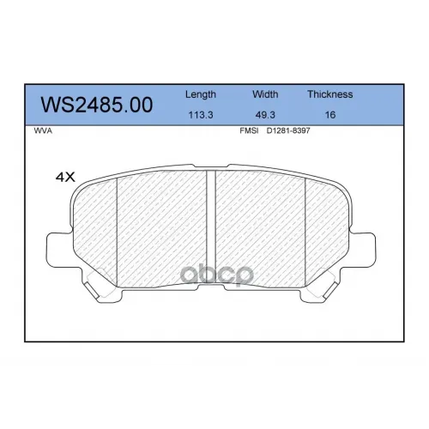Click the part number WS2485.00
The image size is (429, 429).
(x=97, y=105)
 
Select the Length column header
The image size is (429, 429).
(x=201, y=94)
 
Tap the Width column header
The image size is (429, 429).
(x=265, y=94)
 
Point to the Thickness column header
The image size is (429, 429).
(x=330, y=94)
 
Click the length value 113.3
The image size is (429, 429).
(x=201, y=115)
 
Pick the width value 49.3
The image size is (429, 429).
(x=265, y=115)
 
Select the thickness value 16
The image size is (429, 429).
(x=330, y=115)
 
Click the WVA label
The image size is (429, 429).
(x=43, y=131)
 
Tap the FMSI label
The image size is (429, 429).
(x=249, y=130)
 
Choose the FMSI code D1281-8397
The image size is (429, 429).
(x=288, y=130)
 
